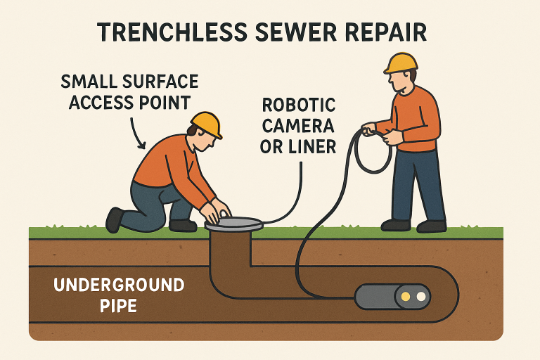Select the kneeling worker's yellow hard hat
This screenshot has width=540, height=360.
click(x=206, y=123)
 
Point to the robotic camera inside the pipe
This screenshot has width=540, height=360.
click(x=390, y=297)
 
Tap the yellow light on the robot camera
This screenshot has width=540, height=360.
click(x=405, y=297)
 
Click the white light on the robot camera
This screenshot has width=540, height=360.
click(x=421, y=297)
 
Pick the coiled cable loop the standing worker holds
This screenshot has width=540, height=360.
click(x=372, y=151)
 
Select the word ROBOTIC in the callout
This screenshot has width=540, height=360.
click(x=298, y=106)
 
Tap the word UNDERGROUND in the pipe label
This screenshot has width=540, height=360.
click(x=119, y=285)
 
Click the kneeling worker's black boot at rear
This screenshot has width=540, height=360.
click(x=114, y=219)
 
